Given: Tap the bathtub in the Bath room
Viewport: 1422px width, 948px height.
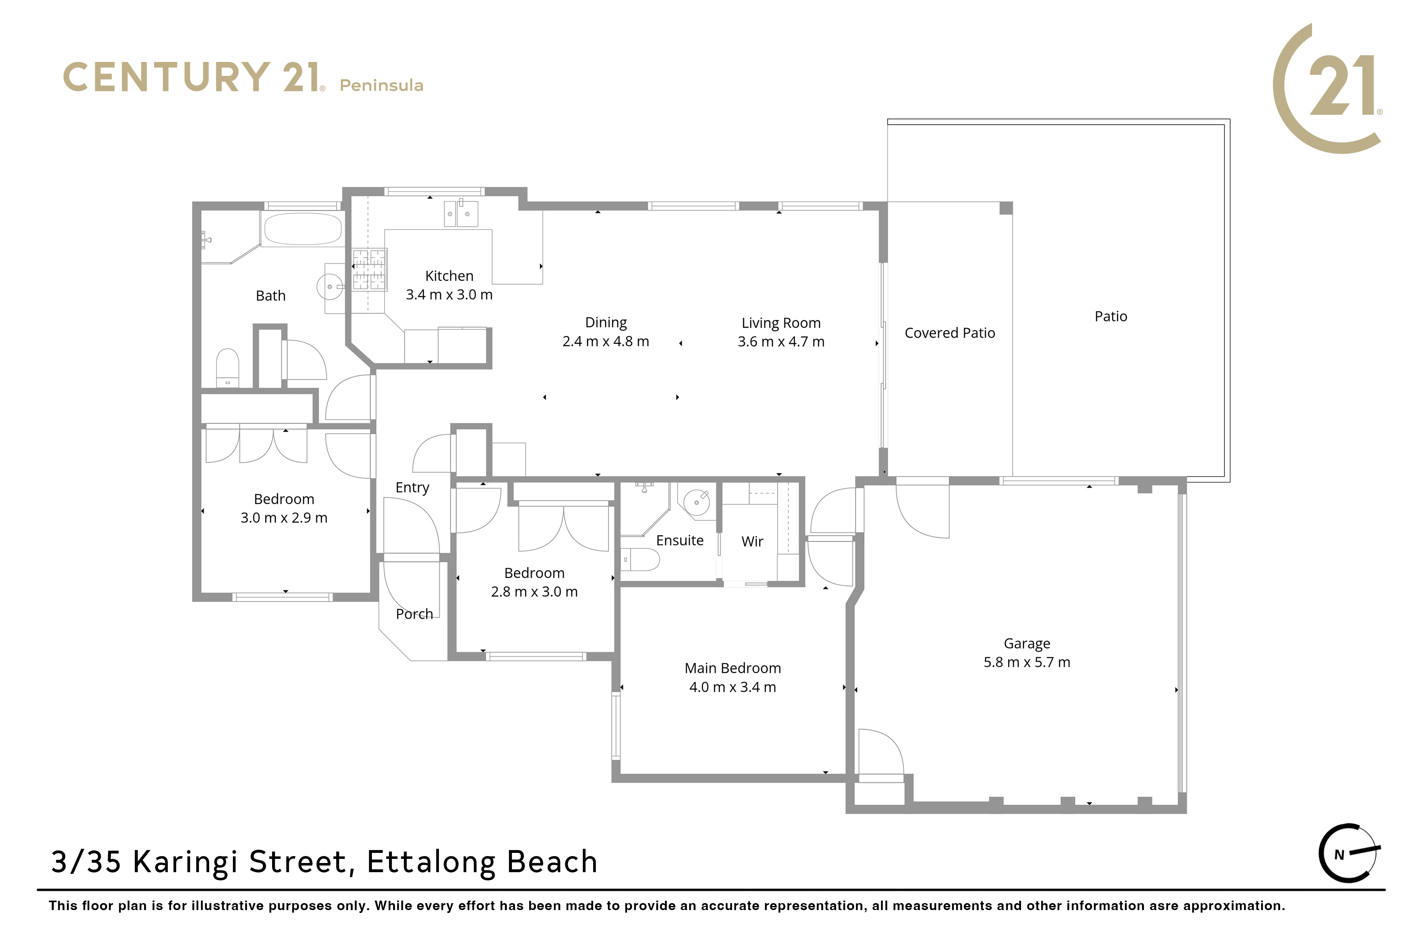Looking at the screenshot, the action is (303, 228).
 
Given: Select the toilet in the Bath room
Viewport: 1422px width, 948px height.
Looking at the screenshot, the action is (227, 368).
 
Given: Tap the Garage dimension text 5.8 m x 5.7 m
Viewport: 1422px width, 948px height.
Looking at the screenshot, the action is (1027, 663).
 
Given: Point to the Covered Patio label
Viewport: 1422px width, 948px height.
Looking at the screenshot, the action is (950, 333).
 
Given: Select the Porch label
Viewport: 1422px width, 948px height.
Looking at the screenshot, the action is (414, 614).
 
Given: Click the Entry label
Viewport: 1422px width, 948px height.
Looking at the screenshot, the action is (412, 488).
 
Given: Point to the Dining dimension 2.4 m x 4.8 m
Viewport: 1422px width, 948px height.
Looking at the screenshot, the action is (606, 342).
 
